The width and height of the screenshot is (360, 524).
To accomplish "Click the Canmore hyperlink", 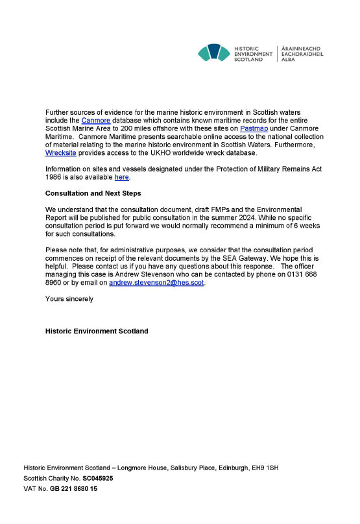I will [x=96, y=121].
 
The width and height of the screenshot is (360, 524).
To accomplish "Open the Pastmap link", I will [x=254, y=128].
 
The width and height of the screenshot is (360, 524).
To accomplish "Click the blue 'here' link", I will [x=122, y=177].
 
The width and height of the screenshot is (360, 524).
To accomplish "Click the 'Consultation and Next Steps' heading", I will [x=93, y=193].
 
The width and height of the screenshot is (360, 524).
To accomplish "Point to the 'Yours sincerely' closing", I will [x=69, y=299].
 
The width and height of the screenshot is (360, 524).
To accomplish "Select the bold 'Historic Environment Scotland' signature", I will [x=97, y=331].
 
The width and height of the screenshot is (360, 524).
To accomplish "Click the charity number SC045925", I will [x=98, y=478].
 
